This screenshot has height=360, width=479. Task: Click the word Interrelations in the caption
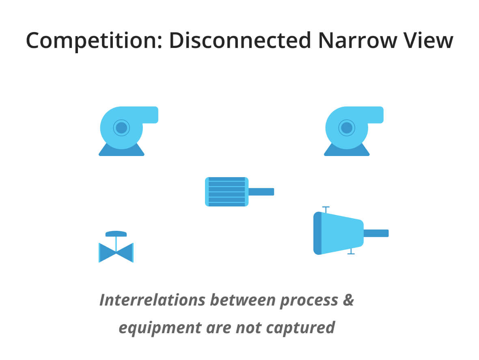152,300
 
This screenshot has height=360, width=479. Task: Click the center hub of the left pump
121,128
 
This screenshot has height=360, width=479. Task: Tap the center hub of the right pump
347,128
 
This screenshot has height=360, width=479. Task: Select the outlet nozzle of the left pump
149,115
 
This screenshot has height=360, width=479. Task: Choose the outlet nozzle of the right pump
374,115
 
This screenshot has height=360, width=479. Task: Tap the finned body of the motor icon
227,192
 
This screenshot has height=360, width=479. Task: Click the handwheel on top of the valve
116,234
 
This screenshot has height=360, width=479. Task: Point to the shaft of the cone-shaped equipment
376,233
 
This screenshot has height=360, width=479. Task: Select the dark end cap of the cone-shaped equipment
317,233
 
